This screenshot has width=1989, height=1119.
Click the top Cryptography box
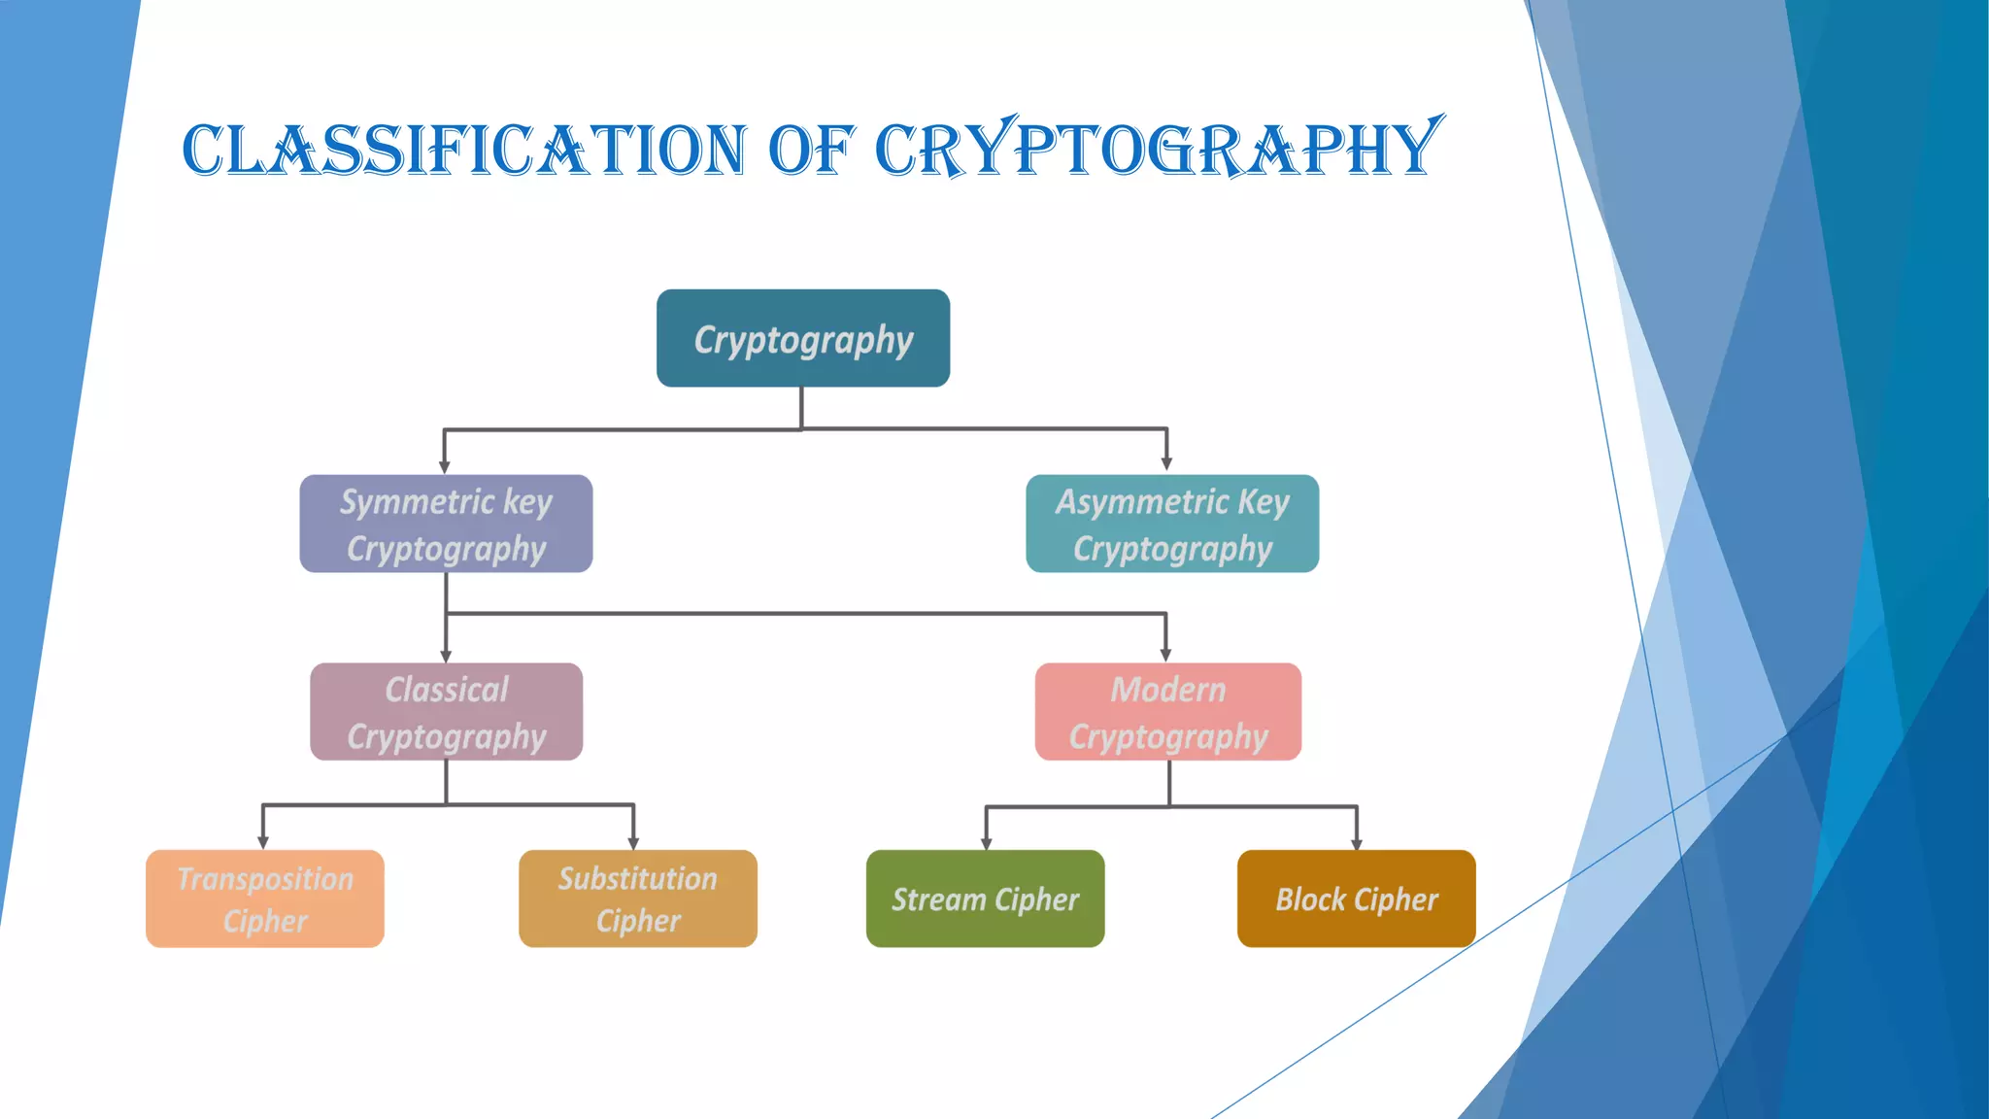[x=803, y=338]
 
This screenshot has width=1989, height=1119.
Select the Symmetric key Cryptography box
[x=446, y=524]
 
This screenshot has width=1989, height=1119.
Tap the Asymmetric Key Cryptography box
[x=1172, y=524]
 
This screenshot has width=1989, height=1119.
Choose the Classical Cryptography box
[x=446, y=712]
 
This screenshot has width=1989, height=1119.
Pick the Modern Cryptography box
[x=1168, y=712]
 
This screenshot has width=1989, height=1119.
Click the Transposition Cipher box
[x=265, y=899]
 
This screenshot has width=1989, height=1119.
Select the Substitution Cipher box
[x=638, y=899]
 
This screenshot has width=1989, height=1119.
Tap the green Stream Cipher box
[x=985, y=899]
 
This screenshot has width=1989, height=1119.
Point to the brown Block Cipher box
[x=1356, y=899]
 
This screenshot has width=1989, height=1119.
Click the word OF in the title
[x=811, y=151]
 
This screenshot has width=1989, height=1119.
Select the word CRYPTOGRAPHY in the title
[x=1156, y=151]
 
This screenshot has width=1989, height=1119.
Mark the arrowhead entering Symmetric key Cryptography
[x=445, y=466]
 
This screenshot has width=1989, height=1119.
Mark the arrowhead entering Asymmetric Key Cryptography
[x=1166, y=463]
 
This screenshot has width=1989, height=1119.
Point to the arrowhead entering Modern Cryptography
[x=1165, y=655]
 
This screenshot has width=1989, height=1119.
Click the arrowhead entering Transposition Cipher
[x=263, y=842]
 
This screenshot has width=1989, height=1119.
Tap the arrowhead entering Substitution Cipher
[x=633, y=842]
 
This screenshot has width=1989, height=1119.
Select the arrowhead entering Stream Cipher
[x=986, y=842]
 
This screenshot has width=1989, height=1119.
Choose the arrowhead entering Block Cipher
[x=1357, y=842]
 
